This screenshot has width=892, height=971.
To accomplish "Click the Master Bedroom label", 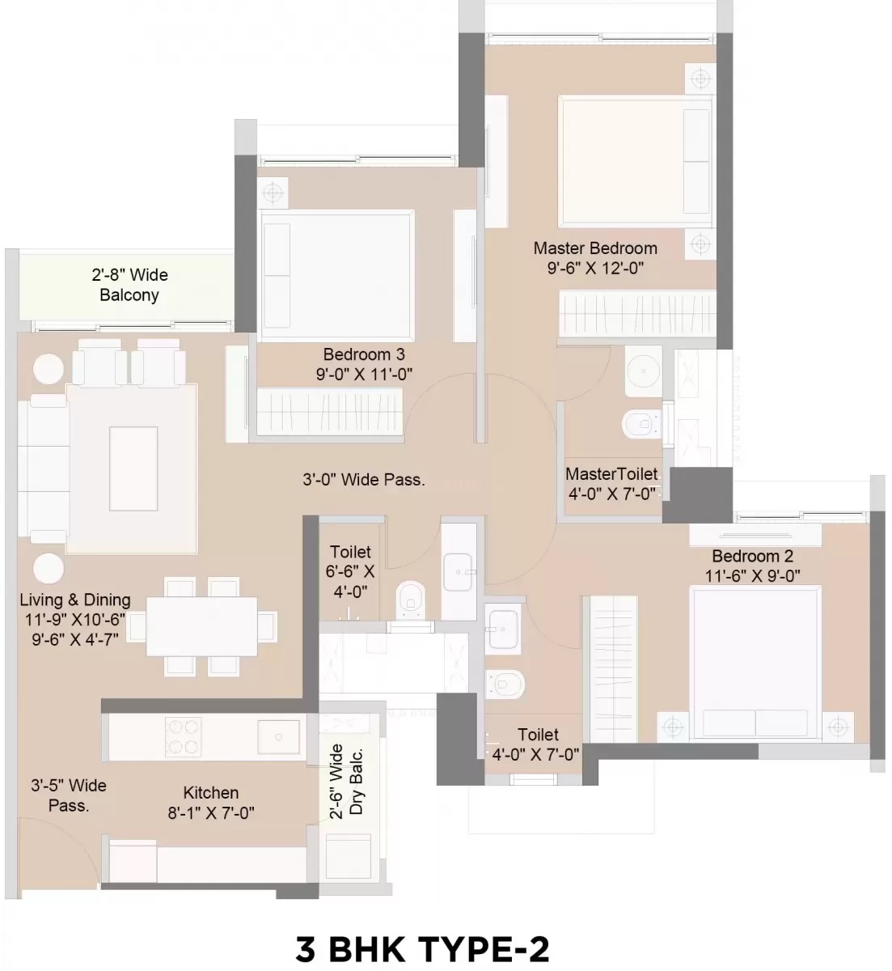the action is tap(595, 248).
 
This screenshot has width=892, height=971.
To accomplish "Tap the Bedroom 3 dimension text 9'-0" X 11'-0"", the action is tap(364, 374).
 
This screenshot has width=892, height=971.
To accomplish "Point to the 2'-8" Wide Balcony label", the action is tap(129, 285).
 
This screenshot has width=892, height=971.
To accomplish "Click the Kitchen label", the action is tap(210, 792).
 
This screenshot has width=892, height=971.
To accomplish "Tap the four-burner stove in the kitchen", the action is tap(183, 736).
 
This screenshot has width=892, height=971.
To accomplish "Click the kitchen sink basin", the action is tap(278, 736).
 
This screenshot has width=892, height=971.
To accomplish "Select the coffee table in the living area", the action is tap(133, 469).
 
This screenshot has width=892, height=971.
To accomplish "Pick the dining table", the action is tap(201, 626).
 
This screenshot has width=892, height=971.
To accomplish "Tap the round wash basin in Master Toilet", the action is tap(643, 371).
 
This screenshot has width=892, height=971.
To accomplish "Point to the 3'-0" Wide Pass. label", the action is tap(364, 480).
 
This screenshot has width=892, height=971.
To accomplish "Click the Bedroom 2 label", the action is tap(753, 556).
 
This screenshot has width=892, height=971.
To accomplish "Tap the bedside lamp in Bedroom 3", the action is tap(273, 193).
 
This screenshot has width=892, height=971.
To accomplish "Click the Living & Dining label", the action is tap(75, 600).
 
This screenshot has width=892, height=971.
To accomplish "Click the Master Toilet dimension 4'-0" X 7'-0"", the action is tap(611, 494).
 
